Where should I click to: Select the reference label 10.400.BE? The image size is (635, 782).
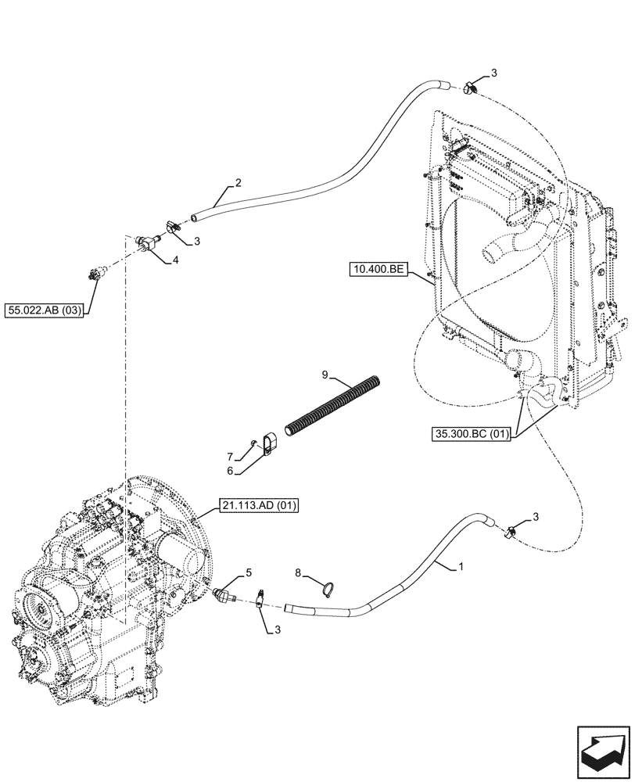coord(379,271)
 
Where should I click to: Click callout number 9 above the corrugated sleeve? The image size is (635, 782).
coord(324,376)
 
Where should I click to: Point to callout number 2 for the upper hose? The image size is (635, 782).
coord(238,184)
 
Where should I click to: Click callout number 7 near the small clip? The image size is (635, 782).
coord(229,455)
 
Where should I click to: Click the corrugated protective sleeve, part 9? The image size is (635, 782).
coord(335,406)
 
